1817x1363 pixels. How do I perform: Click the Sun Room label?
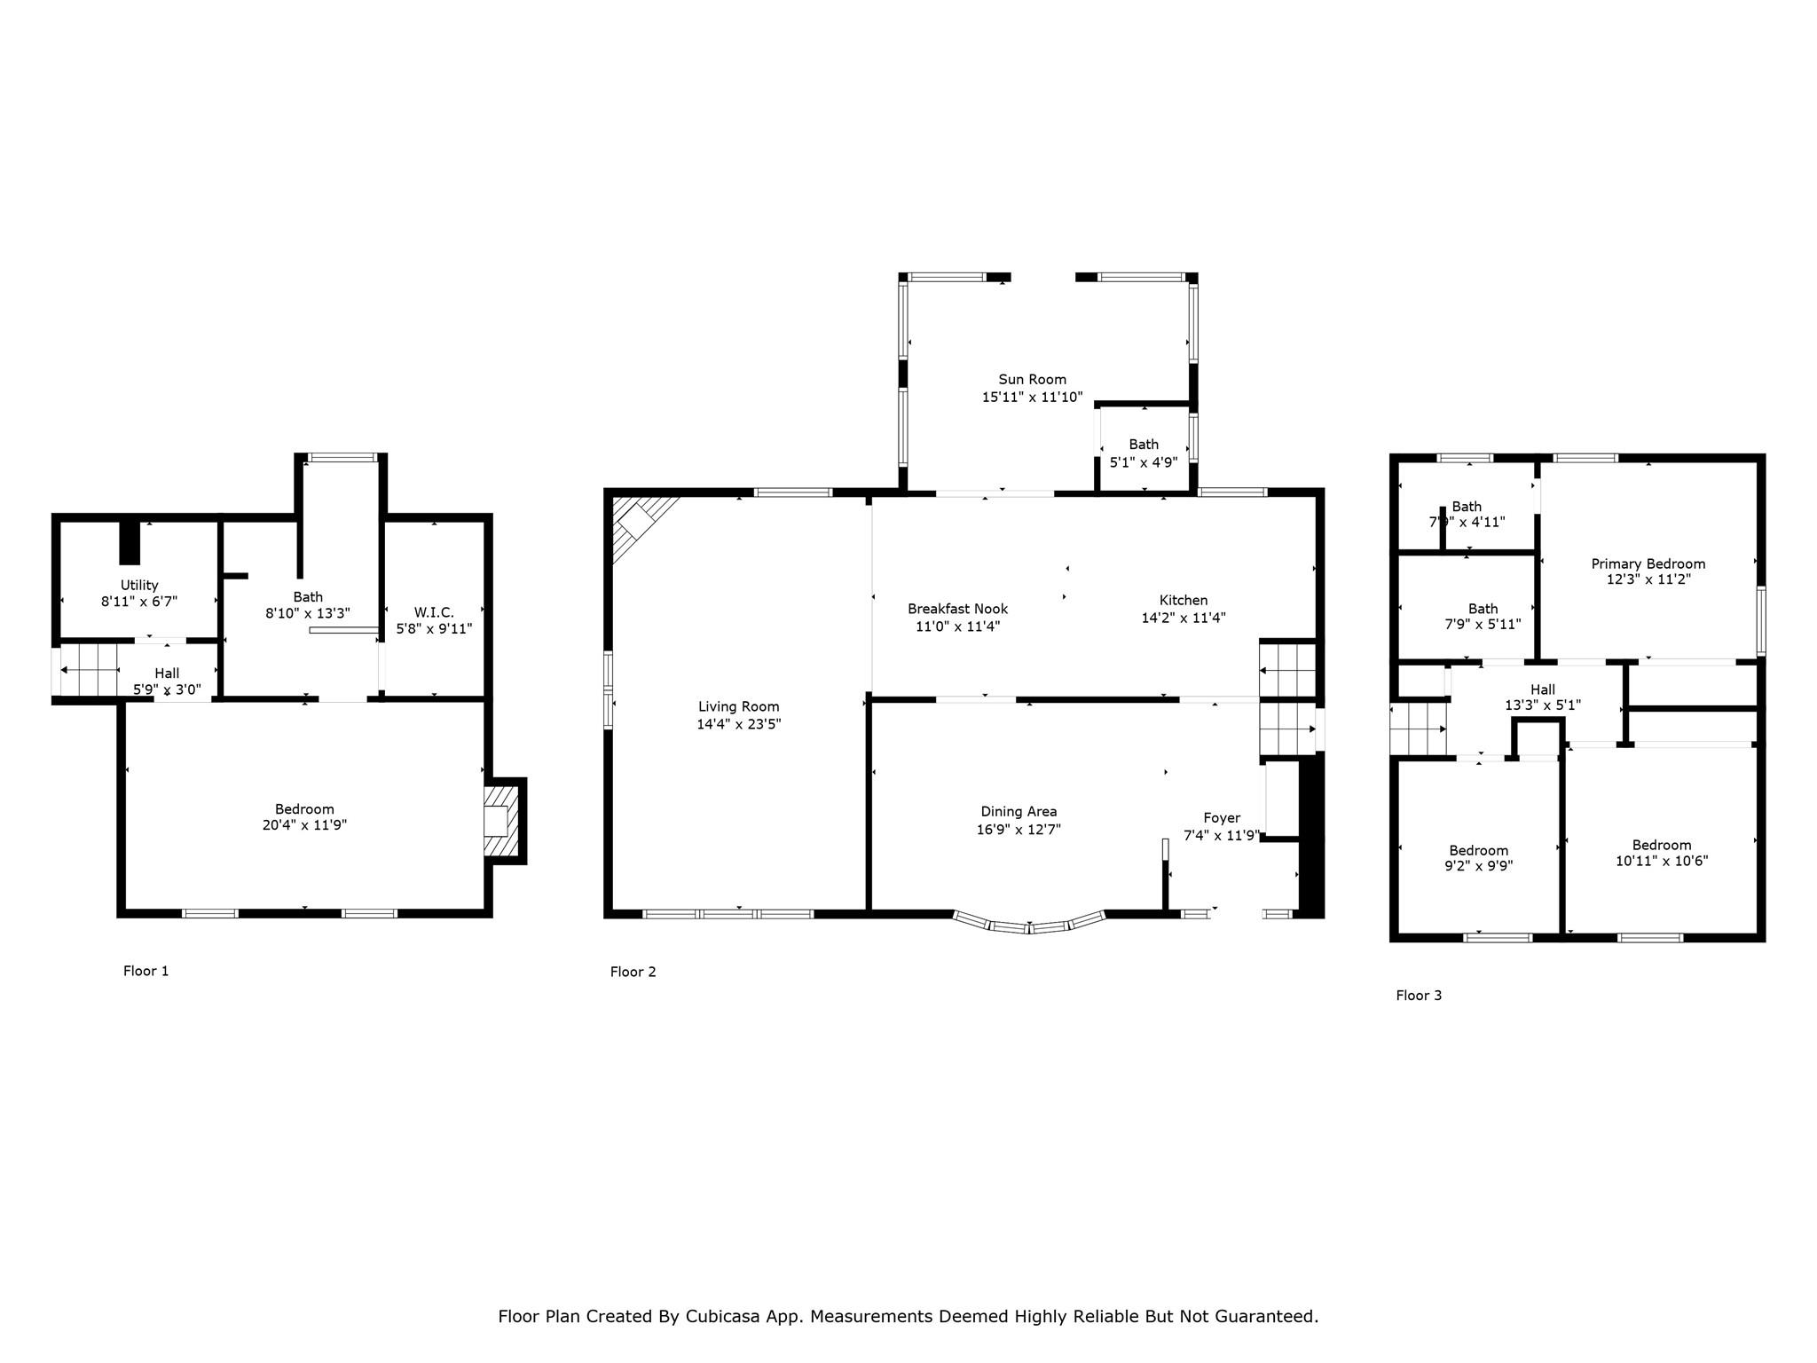[x=1032, y=380]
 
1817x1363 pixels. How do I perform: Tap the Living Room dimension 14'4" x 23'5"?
[x=738, y=724]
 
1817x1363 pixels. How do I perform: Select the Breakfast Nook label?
[x=957, y=609]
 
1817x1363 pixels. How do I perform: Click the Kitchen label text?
[x=1183, y=601]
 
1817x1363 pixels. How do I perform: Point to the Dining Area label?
[x=1019, y=812]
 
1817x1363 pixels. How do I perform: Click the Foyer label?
[x=1221, y=818]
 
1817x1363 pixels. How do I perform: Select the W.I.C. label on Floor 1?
[x=434, y=612]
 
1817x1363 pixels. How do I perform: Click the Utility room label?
[x=139, y=586]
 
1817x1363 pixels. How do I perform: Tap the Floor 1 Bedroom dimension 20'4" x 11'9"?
[x=304, y=825]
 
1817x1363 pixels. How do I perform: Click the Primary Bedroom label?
[x=1648, y=564]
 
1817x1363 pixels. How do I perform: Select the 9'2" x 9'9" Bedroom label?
[x=1478, y=850]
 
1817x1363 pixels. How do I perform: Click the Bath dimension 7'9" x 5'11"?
[x=1483, y=625]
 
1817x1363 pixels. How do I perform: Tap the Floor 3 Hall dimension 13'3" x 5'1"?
[x=1543, y=706]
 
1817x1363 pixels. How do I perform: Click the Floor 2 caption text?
[x=633, y=972]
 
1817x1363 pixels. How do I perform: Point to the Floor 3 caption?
[x=1419, y=996]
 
